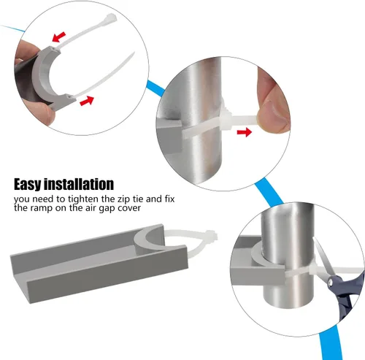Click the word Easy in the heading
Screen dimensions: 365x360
click(x=28, y=185)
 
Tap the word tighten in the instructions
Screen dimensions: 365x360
click(x=83, y=199)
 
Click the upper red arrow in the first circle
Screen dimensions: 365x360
click(x=59, y=37)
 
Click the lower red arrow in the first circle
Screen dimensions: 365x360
click(x=87, y=101)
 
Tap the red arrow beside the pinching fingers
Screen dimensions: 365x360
click(x=245, y=132)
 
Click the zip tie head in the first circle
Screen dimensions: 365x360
click(x=110, y=18)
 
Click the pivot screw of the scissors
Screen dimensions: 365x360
click(x=330, y=283)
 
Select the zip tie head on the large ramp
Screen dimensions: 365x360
click(x=211, y=235)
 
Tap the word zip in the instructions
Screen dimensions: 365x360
click(x=123, y=199)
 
